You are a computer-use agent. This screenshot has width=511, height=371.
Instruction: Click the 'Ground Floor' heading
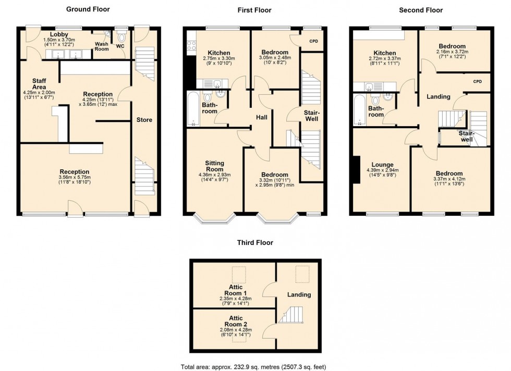(88, 9)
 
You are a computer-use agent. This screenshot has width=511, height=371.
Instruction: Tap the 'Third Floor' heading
(255, 242)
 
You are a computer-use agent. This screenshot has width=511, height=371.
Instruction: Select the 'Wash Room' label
(101, 47)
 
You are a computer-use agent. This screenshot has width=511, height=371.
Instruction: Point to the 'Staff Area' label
(40, 83)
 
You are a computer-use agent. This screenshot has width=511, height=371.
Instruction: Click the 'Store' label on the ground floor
(144, 120)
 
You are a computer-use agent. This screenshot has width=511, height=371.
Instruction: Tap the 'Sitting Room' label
(215, 166)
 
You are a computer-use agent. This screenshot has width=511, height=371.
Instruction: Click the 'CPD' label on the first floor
(313, 41)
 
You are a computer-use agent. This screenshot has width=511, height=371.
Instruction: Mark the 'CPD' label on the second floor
(478, 81)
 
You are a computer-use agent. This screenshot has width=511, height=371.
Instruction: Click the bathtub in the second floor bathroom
(359, 110)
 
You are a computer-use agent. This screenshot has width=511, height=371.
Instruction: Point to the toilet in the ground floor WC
(121, 37)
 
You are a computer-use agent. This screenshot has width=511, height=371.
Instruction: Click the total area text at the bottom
(255, 366)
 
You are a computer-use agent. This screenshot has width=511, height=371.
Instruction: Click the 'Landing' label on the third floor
(299, 294)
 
